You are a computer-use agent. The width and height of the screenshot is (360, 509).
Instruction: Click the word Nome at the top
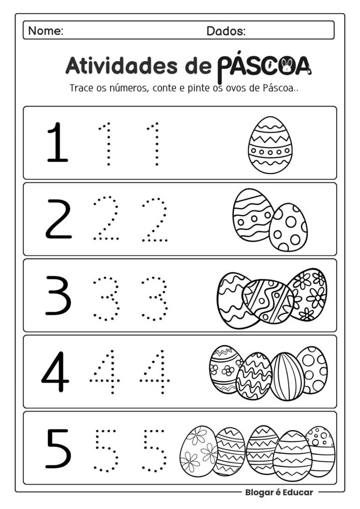point(45,31)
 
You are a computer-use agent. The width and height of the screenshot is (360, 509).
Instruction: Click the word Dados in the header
point(226,31)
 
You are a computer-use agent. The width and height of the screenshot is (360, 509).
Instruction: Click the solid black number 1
point(57,143)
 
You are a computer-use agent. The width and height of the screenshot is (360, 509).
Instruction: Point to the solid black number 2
point(59,219)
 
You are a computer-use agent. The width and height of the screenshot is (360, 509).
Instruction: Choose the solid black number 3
point(58,295)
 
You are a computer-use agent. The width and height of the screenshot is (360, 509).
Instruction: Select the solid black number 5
point(58,448)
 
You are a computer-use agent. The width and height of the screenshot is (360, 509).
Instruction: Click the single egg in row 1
point(270,145)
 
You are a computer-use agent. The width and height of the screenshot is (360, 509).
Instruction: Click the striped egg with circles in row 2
point(252,215)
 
